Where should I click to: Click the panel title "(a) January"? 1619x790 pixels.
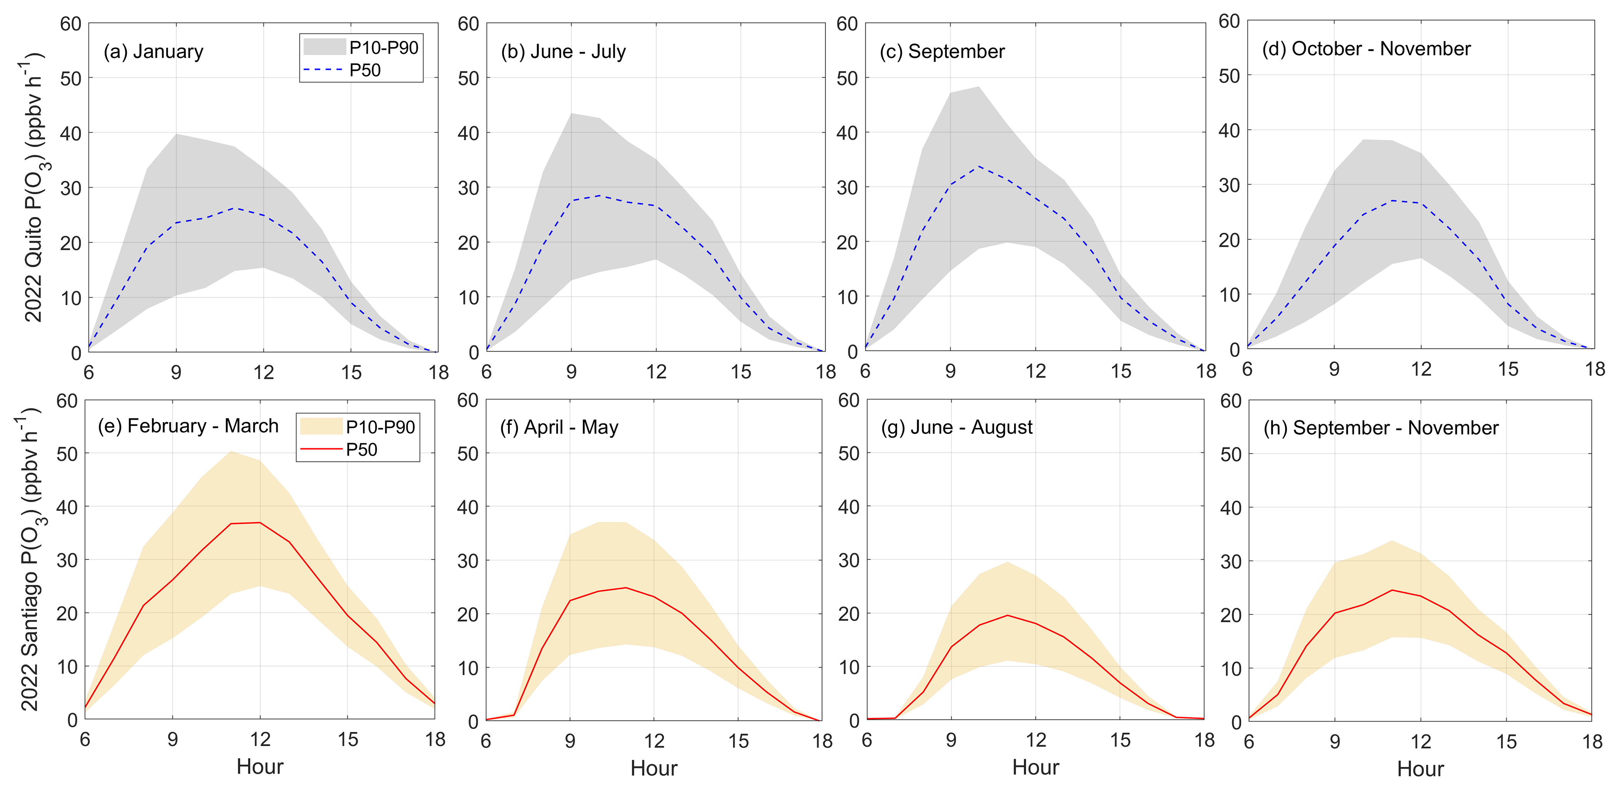[x=153, y=52]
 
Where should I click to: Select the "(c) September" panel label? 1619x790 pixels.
[x=942, y=52]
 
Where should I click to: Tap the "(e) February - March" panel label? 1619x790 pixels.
[x=188, y=426]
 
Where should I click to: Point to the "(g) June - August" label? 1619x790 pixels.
[x=956, y=428]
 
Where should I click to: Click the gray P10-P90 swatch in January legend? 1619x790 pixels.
[x=324, y=47]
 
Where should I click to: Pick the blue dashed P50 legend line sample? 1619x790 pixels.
[x=323, y=70]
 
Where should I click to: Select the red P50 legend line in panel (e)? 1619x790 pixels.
[x=321, y=449]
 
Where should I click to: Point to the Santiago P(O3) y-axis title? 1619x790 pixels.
[x=30, y=559]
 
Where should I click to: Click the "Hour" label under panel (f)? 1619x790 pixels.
[x=654, y=768]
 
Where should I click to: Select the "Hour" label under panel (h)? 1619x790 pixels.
[x=1420, y=769]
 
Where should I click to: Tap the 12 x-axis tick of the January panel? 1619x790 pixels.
[x=263, y=373]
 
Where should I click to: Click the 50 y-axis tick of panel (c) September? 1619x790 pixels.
[x=847, y=78]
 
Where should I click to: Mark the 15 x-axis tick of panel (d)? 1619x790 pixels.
[x=1508, y=369]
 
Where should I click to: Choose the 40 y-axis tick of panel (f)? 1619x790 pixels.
[x=467, y=508]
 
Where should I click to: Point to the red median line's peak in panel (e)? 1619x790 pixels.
[x=260, y=523]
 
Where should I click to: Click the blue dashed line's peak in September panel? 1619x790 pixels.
[x=979, y=166]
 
